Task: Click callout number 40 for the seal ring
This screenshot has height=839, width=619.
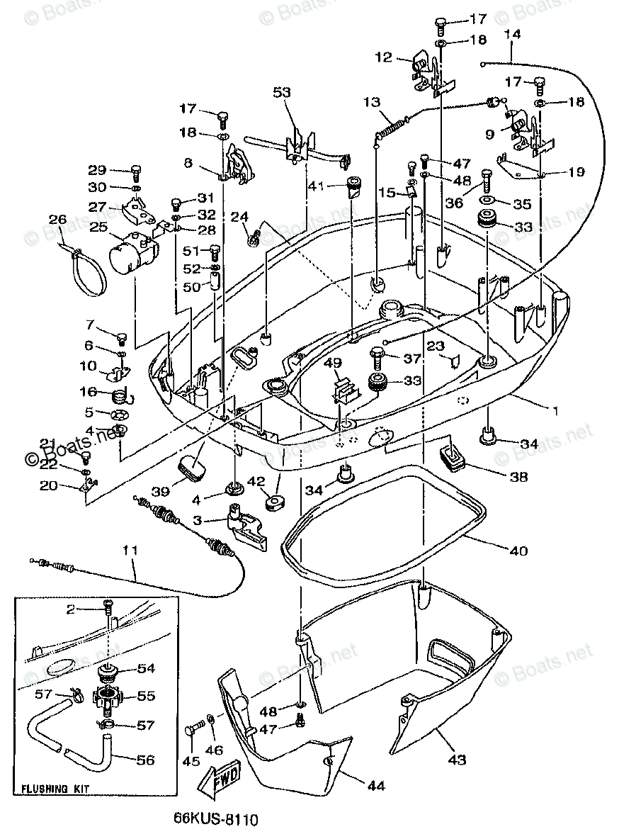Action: pos(518,550)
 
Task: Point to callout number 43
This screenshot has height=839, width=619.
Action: pos(457,760)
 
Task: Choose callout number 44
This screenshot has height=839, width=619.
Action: pos(376,784)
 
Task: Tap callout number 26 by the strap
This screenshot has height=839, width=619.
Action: pos(58,220)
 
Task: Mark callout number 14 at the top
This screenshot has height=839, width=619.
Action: pos(512,34)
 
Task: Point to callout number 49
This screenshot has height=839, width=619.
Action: pos(333,363)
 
